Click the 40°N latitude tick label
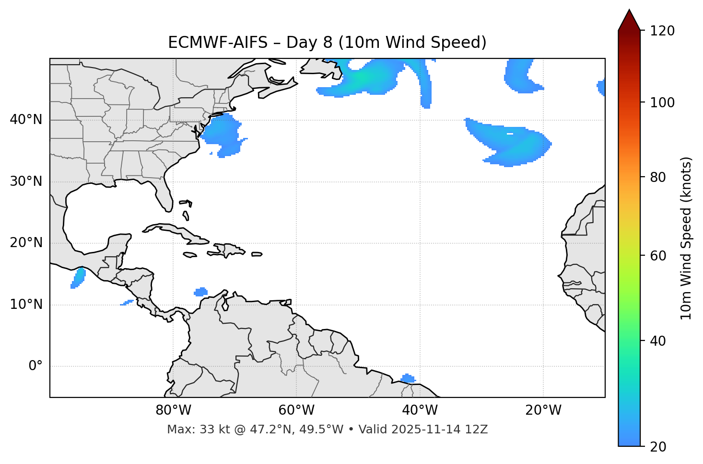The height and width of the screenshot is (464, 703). [x=26, y=120]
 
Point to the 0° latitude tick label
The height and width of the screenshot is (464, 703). [x=35, y=366]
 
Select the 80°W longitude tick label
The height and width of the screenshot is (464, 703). [x=173, y=410]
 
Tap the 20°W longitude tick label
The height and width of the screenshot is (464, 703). [x=543, y=410]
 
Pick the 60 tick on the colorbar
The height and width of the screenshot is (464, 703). [x=659, y=256]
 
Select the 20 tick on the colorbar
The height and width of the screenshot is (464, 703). [x=659, y=447]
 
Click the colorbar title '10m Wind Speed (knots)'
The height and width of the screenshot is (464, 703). [x=686, y=238]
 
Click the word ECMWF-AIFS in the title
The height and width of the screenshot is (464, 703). [x=218, y=43]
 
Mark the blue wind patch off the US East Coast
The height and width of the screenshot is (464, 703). [x=222, y=135]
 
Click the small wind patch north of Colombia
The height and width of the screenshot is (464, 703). [x=201, y=292]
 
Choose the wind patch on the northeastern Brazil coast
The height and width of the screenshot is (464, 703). [x=408, y=379]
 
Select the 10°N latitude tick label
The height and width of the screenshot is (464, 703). [x=26, y=305]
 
